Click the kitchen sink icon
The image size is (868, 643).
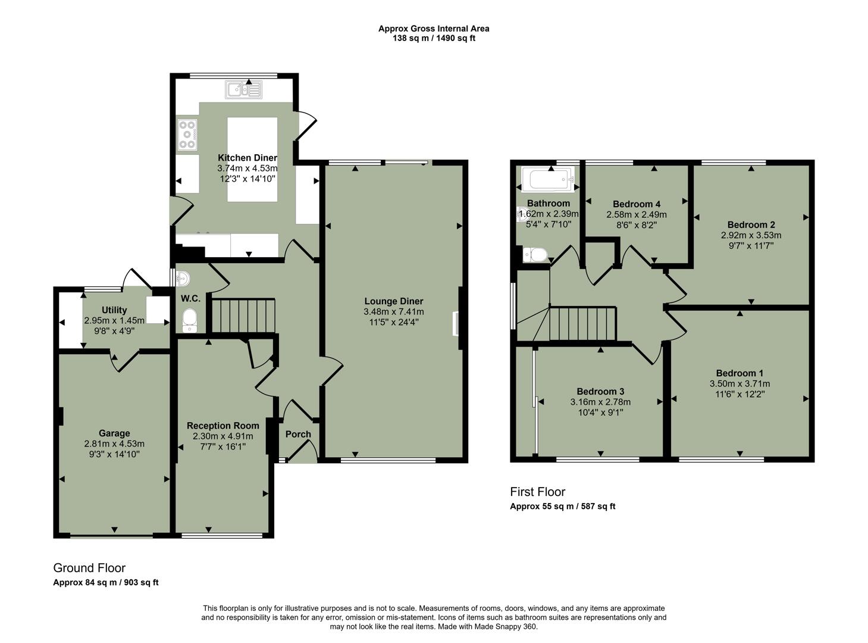click(243, 90)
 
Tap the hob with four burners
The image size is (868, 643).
click(188, 135)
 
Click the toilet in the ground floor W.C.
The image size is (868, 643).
click(190, 320)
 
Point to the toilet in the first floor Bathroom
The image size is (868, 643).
click(535, 255)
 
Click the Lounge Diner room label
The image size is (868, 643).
click(393, 301)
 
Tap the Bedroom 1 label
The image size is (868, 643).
click(739, 373)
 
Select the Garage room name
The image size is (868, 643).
click(114, 433)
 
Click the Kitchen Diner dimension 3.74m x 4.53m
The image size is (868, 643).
click(247, 168)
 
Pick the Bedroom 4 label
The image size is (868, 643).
click(636, 204)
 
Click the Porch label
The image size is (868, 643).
click(298, 434)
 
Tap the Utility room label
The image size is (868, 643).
click(114, 310)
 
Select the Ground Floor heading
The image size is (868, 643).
click(89, 567)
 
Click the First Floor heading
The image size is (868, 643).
click(537, 492)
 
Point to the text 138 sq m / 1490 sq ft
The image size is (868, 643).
click(434, 38)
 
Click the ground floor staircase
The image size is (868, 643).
click(244, 316)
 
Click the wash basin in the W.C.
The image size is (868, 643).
click(183, 278)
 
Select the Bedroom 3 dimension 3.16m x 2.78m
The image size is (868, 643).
click(600, 402)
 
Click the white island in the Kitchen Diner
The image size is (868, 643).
click(252, 159)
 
